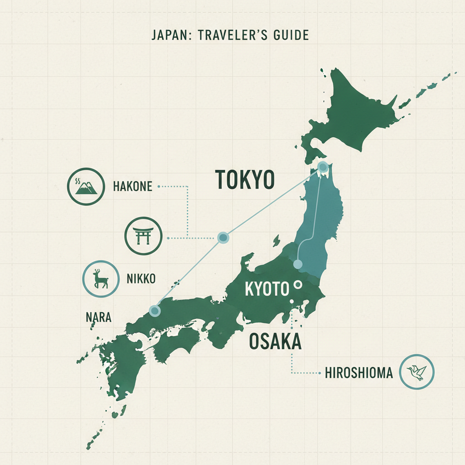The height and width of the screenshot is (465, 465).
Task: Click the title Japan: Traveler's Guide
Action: tap(230, 35)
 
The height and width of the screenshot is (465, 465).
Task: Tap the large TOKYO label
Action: tap(244, 179)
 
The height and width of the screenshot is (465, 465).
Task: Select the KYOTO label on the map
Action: tap(267, 289)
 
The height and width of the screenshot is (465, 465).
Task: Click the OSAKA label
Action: tap(275, 342)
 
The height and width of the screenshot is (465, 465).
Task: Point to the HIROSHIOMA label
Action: tap(359, 373)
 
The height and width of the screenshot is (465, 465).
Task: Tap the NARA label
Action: tap(99, 317)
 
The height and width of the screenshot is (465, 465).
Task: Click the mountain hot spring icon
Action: tap(86, 186)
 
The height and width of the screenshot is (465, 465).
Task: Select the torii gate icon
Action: tap(143, 236)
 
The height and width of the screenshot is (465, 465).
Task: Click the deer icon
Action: tap(100, 279)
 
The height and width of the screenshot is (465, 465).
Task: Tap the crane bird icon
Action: tap(416, 372)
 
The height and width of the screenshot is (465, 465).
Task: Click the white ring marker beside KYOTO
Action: tap(298, 285)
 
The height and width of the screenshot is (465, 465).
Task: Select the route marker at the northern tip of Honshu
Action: tap(323, 167)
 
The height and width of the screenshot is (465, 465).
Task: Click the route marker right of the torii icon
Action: tap(223, 237)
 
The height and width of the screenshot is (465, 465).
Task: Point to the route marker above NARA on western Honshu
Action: tap(155, 311)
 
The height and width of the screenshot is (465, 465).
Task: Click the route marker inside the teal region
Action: tap(298, 264)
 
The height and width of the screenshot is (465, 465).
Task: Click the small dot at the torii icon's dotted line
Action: tap(168, 237)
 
